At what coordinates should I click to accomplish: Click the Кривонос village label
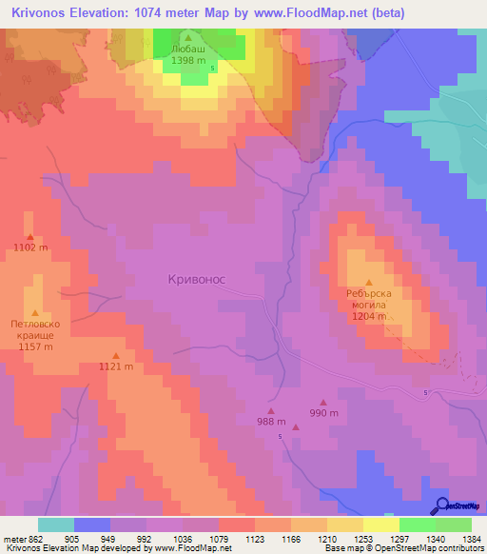tap(196, 278)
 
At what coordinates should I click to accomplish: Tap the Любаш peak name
tap(187, 47)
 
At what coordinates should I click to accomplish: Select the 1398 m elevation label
tap(187, 60)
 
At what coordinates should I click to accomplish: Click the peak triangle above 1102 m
tap(29, 238)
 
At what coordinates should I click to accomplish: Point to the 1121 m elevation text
tap(115, 366)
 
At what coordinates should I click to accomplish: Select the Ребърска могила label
tap(369, 300)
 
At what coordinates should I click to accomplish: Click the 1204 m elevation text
tap(369, 317)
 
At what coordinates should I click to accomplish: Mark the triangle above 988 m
tap(270, 410)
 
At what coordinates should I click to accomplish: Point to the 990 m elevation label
tap(323, 413)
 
